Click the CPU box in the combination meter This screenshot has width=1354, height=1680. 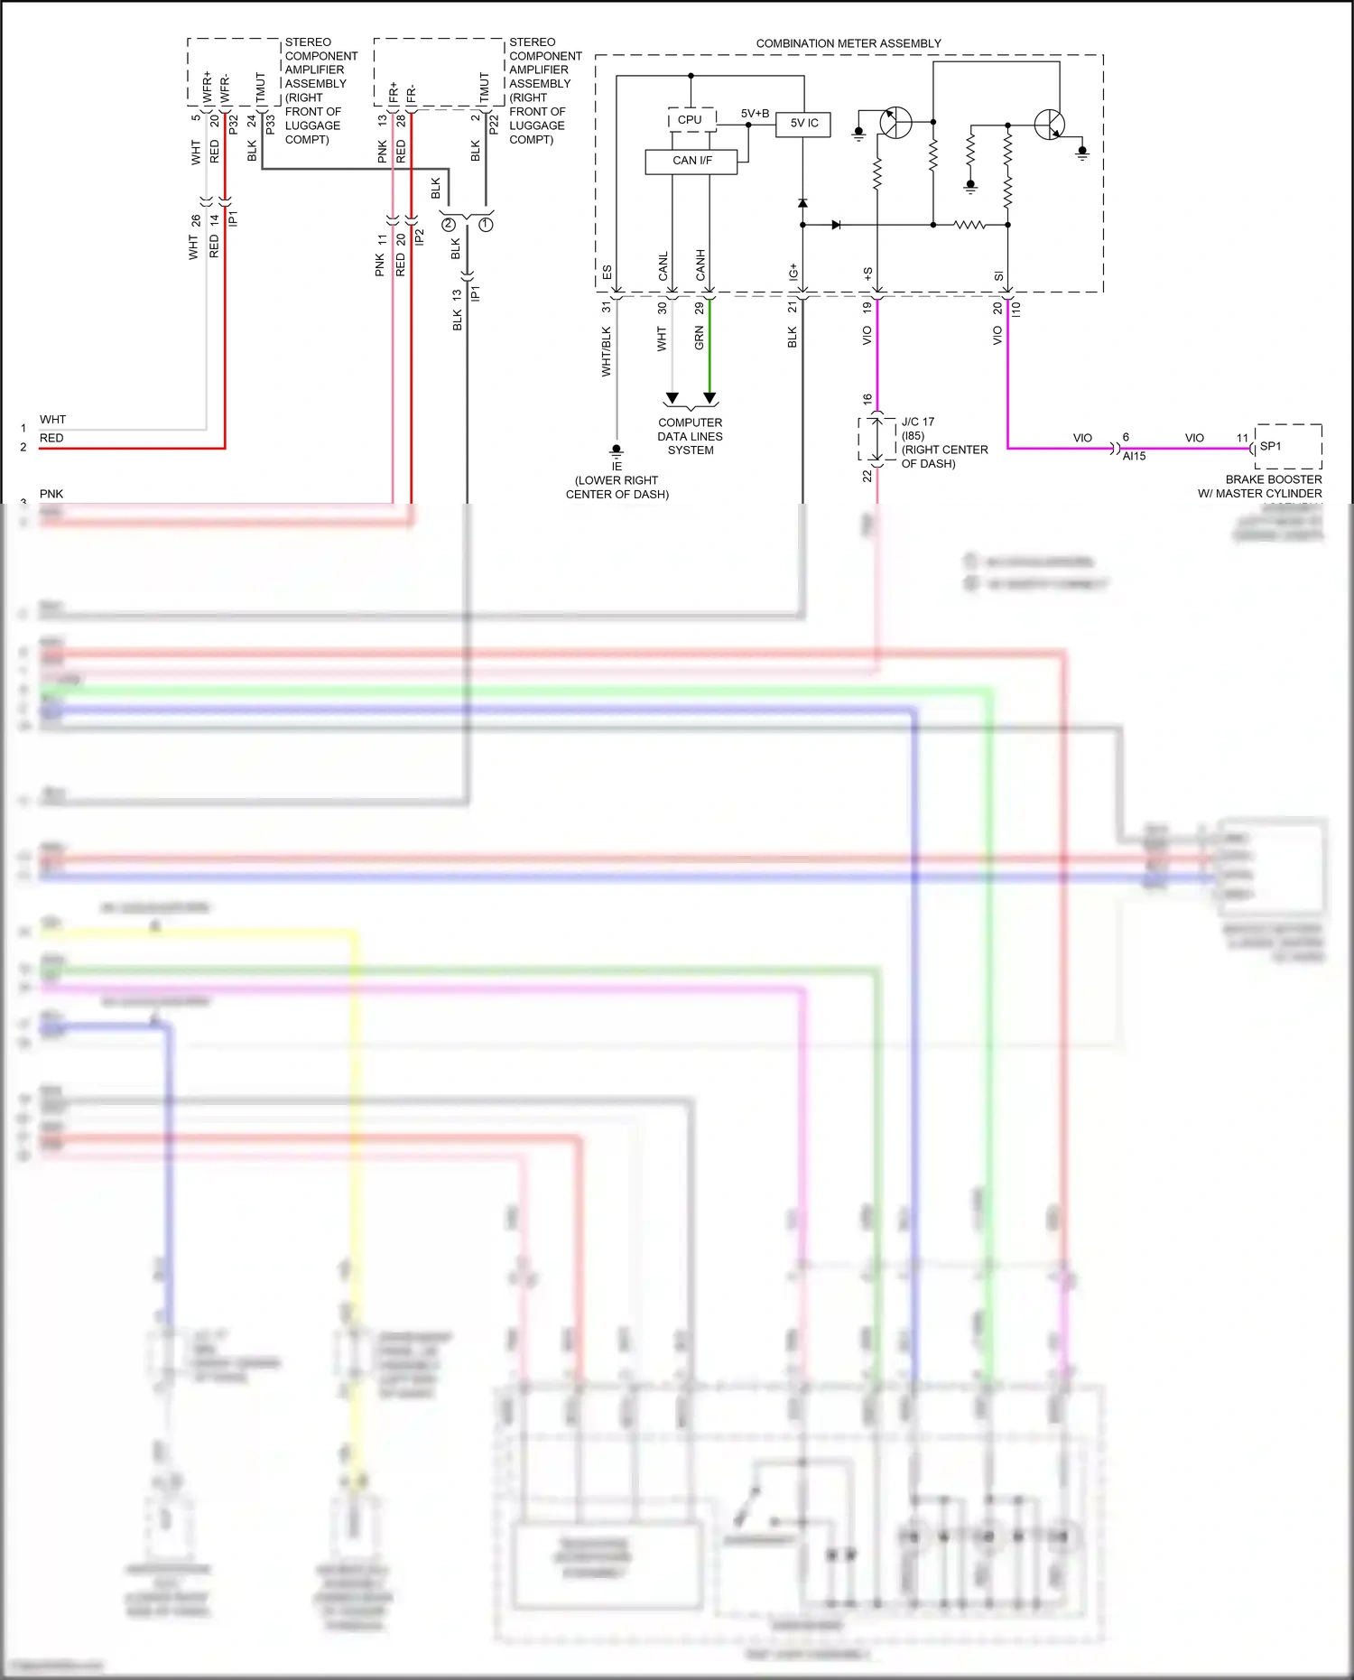point(690,120)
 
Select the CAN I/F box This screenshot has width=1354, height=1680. point(691,161)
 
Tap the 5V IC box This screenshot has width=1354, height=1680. point(803,124)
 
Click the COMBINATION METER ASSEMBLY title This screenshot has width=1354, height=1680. point(848,43)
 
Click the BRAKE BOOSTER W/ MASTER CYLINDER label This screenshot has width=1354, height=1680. point(1273,487)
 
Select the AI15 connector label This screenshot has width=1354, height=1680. point(1134,457)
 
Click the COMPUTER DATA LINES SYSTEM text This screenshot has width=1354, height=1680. point(690,436)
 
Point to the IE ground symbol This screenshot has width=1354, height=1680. point(617,451)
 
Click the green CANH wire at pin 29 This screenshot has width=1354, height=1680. point(709,348)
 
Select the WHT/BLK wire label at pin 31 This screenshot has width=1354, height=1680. point(607,351)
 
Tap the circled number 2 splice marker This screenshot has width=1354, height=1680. point(449,224)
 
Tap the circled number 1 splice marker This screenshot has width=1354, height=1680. point(487,224)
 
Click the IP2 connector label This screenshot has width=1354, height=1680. point(420,237)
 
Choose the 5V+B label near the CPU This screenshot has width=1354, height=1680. point(755,114)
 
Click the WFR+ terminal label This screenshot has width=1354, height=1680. point(207,88)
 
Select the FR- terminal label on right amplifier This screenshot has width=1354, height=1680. point(412,93)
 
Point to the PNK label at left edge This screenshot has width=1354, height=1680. point(51,494)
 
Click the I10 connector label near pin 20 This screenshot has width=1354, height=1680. point(1016,308)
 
